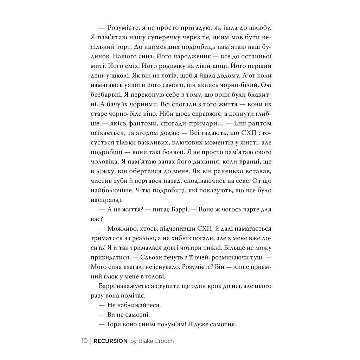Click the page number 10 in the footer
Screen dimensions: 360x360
pos(84,341)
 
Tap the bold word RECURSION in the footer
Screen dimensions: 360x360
pos(111,341)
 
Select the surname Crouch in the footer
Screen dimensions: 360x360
pos(163,341)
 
